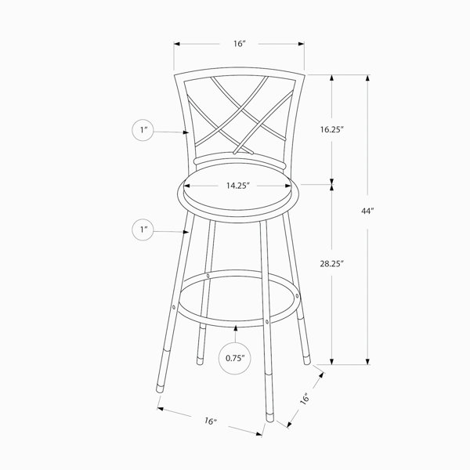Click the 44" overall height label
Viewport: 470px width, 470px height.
click(x=367, y=211)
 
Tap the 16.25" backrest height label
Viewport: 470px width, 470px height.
click(x=331, y=129)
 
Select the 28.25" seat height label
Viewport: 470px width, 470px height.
click(x=331, y=264)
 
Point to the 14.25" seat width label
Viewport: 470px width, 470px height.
click(x=238, y=186)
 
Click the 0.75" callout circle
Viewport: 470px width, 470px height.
click(x=235, y=358)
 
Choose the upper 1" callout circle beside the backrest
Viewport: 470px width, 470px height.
click(x=143, y=130)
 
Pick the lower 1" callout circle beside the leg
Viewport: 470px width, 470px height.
click(x=143, y=230)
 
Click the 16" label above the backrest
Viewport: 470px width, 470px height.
click(x=240, y=44)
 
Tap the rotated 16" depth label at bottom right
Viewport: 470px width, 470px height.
click(x=305, y=399)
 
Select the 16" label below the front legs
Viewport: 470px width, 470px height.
click(x=211, y=421)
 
